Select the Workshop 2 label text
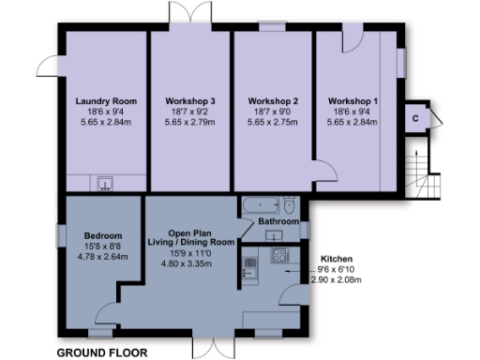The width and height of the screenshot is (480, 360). point(273,99)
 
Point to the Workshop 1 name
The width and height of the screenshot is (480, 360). point(353,99)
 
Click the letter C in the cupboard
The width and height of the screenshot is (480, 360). point(413,119)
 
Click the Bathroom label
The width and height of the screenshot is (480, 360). point(278,222)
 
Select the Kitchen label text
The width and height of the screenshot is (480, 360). point(337,258)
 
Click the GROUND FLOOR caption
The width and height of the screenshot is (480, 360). point(103,352)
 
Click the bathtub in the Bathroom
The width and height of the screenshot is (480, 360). point(258,204)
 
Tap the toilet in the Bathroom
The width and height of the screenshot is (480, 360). point(290,205)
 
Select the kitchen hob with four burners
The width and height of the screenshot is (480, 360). point(279,255)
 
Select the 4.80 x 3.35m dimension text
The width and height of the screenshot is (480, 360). point(199,263)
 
